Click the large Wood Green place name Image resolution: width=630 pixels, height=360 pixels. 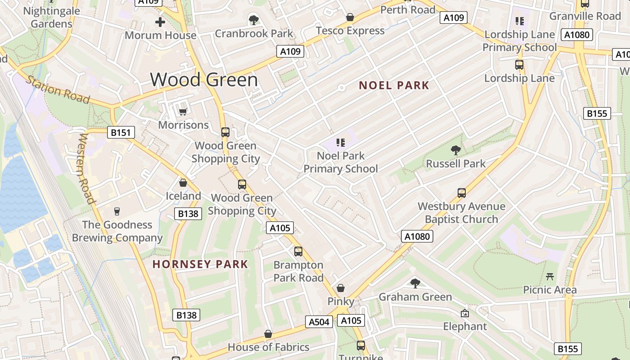tap(204, 80)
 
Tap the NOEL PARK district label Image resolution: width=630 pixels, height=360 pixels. tap(394, 85)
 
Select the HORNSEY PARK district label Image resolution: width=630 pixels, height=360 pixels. tap(200, 264)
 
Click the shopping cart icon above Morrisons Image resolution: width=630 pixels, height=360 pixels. tap(183, 112)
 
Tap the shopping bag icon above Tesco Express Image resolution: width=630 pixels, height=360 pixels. tap(350, 17)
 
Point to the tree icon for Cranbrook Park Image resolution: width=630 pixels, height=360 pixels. tap(254, 20)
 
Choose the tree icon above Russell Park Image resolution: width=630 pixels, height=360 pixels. tap(455, 150)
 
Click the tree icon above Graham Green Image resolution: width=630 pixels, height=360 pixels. tap(415, 283)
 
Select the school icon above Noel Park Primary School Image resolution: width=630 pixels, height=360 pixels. tap(341, 143)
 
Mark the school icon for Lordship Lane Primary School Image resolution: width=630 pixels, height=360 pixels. tap(520, 21)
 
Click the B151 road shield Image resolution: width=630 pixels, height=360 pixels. tap(121, 132)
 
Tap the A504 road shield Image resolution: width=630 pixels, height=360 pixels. tap(319, 322)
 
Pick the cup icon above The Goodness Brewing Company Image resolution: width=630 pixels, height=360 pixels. tap(117, 211)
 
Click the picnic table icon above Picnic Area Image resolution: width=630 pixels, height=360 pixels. tap(549, 276)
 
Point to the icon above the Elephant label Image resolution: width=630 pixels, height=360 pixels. tap(465, 313)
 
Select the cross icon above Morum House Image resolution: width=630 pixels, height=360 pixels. tap(160, 22)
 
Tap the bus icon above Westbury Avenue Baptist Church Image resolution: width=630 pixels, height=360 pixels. tap(461, 193)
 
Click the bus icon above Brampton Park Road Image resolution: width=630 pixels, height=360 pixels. tap(298, 252)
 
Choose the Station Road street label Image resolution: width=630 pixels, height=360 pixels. tap(58, 90)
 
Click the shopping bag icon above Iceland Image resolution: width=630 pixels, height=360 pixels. tap(183, 183)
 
